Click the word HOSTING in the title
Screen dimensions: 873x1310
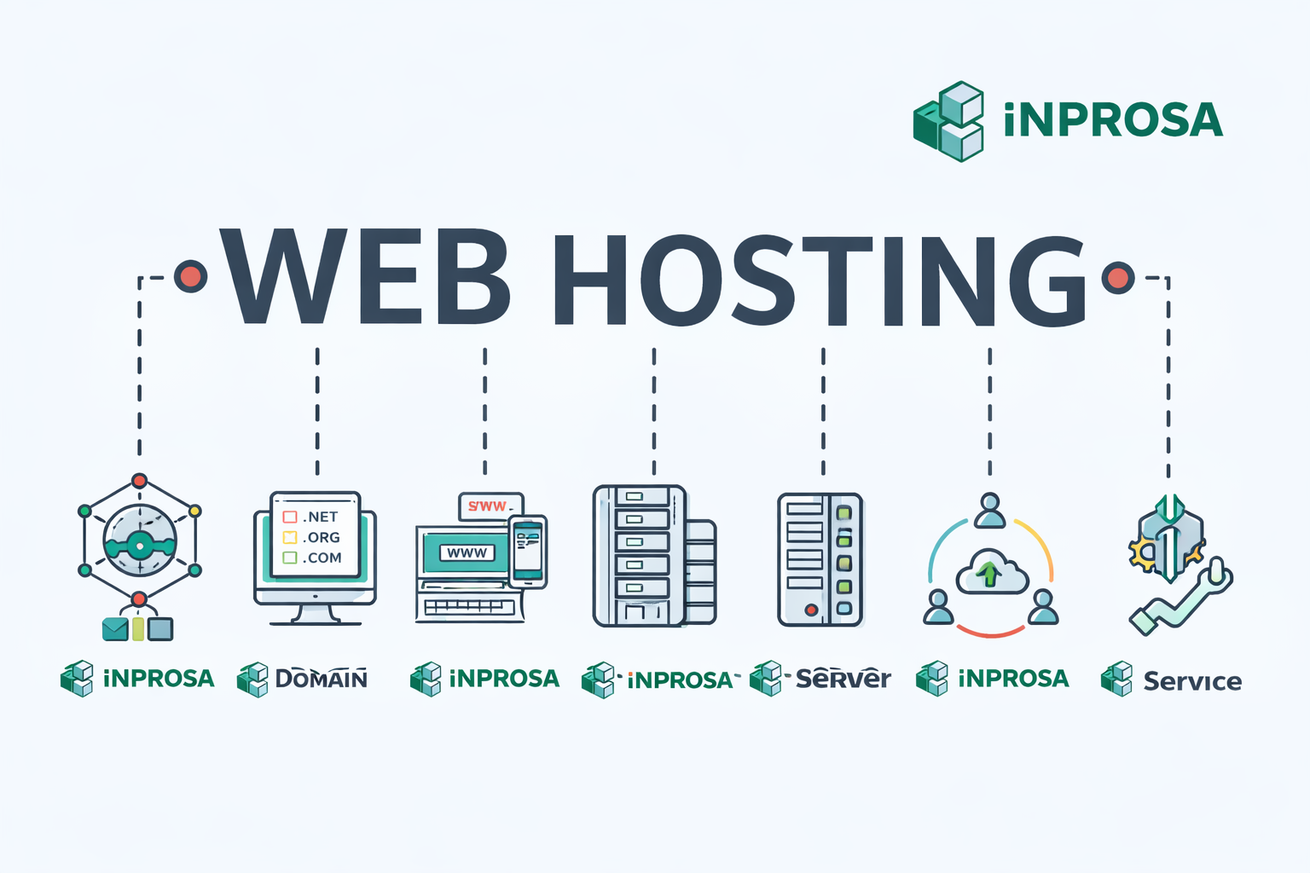pos(819,280)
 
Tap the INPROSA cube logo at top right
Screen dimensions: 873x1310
pos(948,121)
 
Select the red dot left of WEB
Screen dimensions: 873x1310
pos(190,276)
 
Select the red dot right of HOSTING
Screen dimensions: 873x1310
pos(1117,277)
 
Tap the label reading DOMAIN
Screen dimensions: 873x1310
pos(321,679)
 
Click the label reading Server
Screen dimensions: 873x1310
pos(843,679)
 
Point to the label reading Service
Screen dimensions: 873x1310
pos(1191,681)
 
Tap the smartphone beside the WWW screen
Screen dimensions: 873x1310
pos(528,552)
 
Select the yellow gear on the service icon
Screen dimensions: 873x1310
pos(1142,553)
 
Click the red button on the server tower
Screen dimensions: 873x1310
pos(811,610)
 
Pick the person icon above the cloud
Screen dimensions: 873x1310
pos(989,510)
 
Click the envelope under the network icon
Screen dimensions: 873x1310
pos(114,629)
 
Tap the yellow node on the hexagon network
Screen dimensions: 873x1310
pos(194,511)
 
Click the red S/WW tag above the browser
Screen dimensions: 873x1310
pos(490,506)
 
